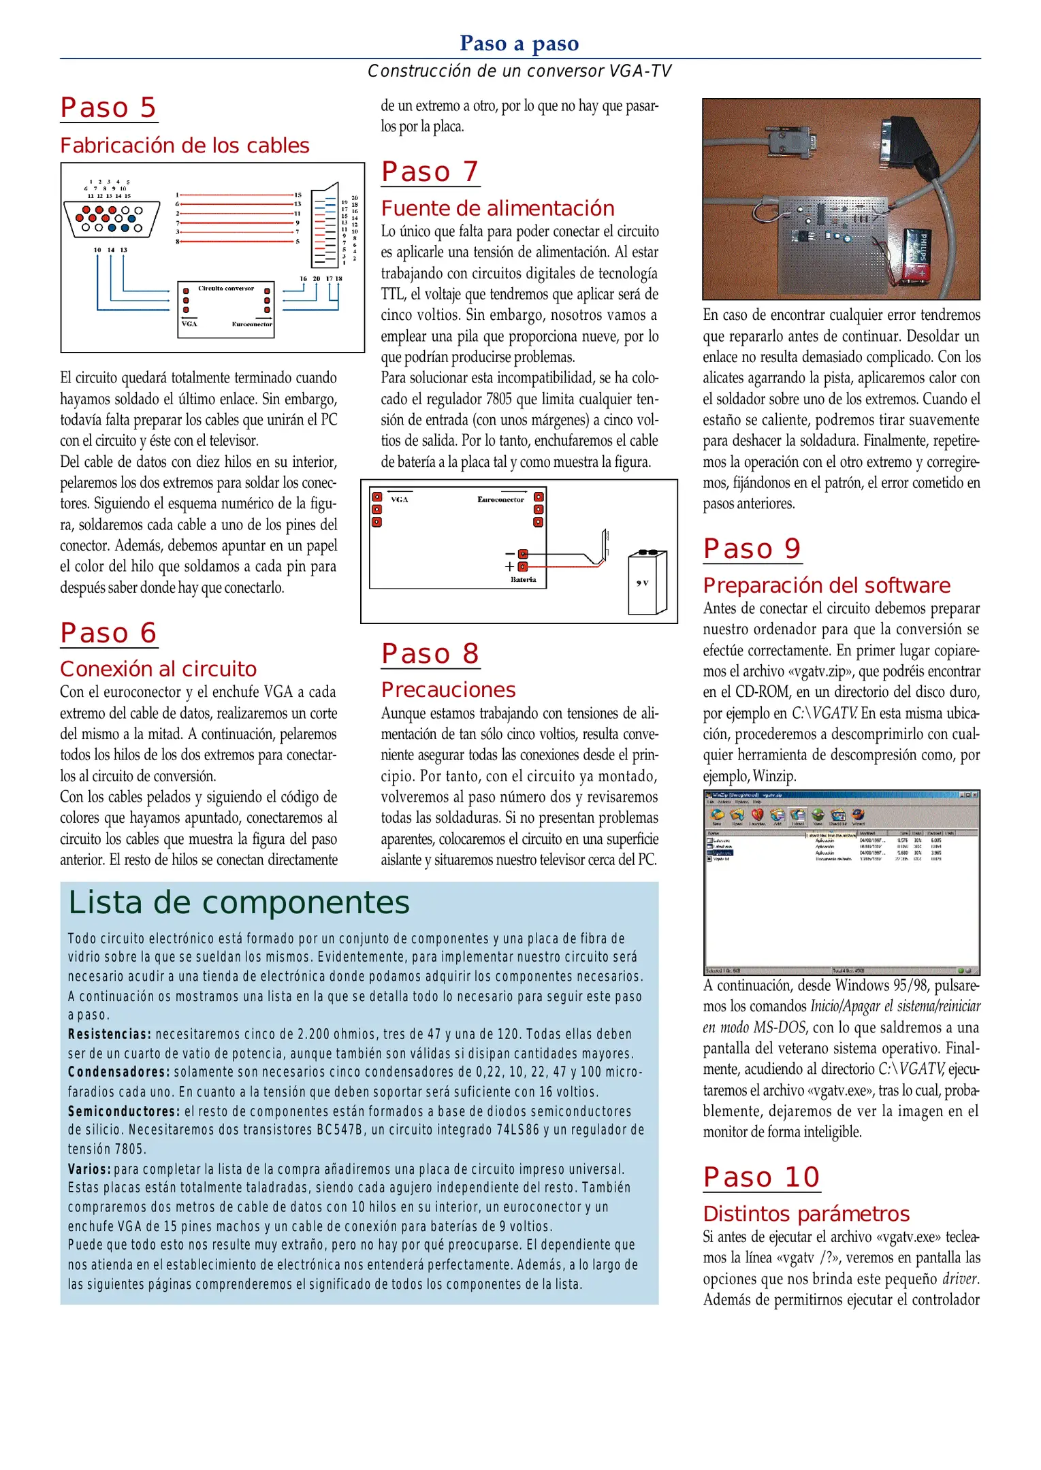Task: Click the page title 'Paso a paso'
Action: pyautogui.click(x=519, y=44)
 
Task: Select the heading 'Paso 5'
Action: pyautogui.click(x=108, y=108)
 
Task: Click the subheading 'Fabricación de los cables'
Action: pyautogui.click(x=185, y=146)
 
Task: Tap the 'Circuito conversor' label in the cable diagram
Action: pyautogui.click(x=226, y=289)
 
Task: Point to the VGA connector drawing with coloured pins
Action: pyautogui.click(x=112, y=219)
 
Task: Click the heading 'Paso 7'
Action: pyautogui.click(x=430, y=171)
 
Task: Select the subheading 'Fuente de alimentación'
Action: pyautogui.click(x=498, y=208)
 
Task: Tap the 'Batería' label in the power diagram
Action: pyautogui.click(x=523, y=580)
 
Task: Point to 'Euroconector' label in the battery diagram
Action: pyautogui.click(x=500, y=500)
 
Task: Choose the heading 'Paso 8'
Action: pyautogui.click(x=430, y=653)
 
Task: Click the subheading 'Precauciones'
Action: pyautogui.click(x=448, y=690)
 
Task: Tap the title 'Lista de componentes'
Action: pyautogui.click(x=239, y=903)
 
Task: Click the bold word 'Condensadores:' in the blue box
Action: pyautogui.click(x=118, y=1072)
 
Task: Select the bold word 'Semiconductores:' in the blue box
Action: pyautogui.click(x=124, y=1111)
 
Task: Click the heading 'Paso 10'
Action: pyautogui.click(x=761, y=1177)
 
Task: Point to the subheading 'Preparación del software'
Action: pyautogui.click(x=827, y=585)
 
